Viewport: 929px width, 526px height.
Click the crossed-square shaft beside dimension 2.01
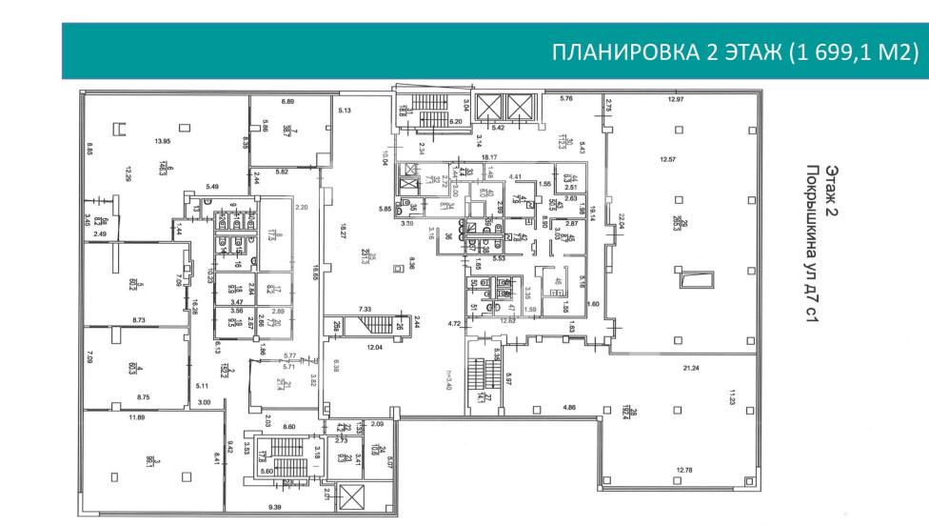point(350,497)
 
